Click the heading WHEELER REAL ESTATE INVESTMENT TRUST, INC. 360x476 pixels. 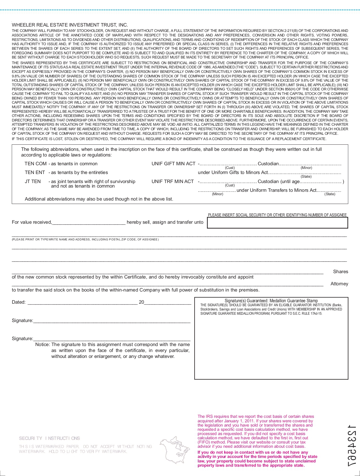click(70, 25)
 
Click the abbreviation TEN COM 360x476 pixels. click(35, 164)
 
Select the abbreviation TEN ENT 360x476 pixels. click(35, 172)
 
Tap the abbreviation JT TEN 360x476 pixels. click(33, 181)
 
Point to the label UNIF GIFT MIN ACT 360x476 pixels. click(173, 164)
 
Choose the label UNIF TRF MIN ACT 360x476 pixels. click(173, 181)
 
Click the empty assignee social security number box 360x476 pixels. click(277, 223)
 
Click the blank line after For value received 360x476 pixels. click(89, 223)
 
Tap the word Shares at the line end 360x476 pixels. click(341, 271)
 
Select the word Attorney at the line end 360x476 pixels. click(339, 284)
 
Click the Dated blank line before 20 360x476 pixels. click(82, 303)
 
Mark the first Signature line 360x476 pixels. click(112, 321)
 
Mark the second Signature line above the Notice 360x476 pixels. click(112, 339)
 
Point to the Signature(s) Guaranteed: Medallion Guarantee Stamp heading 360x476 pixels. click(271, 301)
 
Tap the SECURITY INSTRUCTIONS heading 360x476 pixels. click(49, 438)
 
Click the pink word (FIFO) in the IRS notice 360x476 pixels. click(204, 442)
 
